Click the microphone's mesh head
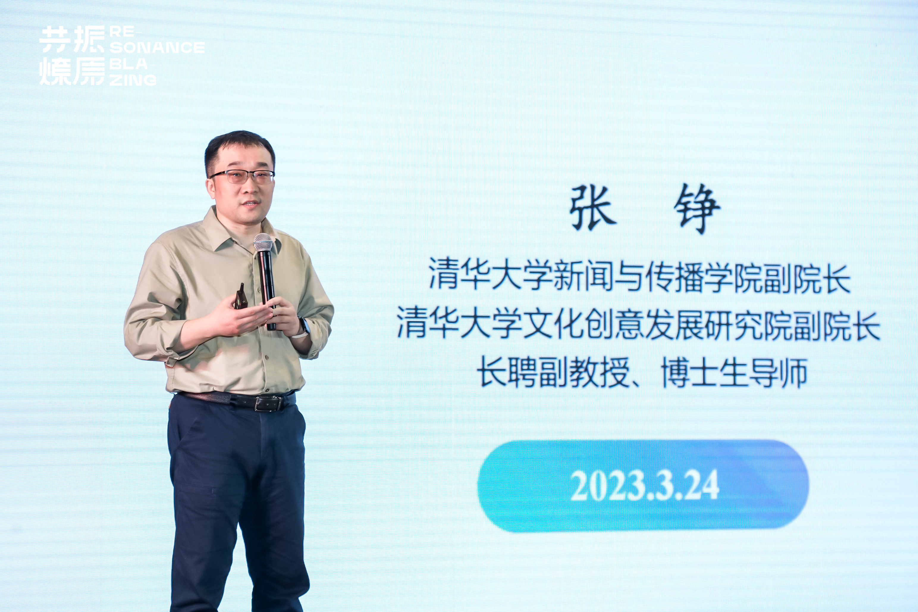263,242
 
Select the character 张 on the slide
593,208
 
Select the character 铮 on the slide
697,209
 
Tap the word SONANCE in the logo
157,48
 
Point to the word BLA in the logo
129,64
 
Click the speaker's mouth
250,203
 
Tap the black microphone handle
267,285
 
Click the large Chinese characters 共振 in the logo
73,40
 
